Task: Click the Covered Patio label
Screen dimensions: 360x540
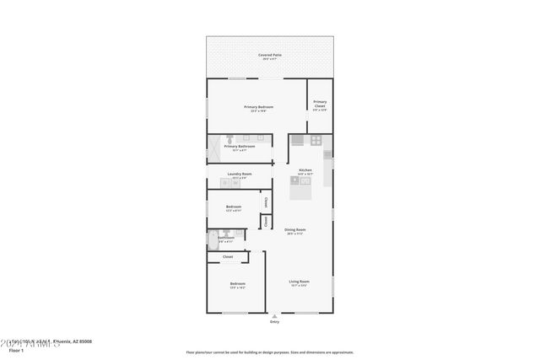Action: pos(270,56)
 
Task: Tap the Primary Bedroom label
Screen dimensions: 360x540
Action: pos(258,107)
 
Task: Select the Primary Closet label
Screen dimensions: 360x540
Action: pos(319,105)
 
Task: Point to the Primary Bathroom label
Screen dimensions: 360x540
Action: pos(240,147)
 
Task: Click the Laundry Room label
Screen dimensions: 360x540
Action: pos(240,175)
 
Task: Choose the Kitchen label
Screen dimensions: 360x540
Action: pos(305,170)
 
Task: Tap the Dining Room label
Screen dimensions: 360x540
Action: pos(294,230)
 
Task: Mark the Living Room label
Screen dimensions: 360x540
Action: pos(299,282)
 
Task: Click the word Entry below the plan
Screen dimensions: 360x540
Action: pos(274,322)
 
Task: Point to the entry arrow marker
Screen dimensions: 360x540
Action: pos(274,315)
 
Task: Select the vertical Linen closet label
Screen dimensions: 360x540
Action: pos(265,221)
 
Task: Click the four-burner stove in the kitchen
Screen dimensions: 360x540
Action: pos(316,140)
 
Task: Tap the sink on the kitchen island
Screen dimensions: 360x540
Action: pos(294,180)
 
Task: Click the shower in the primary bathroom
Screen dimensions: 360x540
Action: pos(214,147)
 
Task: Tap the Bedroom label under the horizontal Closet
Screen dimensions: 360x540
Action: pos(237,284)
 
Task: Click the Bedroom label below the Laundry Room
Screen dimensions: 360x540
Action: pos(234,207)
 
